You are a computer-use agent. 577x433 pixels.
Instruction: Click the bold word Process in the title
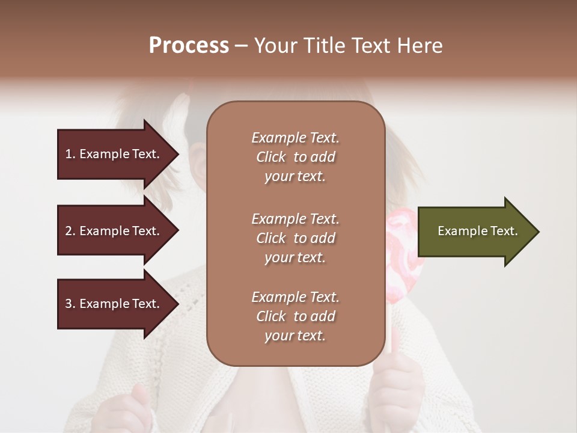tap(189, 46)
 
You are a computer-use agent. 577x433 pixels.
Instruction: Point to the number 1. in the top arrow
tap(70, 154)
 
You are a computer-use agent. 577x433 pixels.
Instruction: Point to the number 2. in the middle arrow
tap(70, 231)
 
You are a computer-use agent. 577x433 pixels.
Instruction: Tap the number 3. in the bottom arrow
tap(70, 304)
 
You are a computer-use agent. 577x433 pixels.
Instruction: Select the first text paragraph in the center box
tap(295, 157)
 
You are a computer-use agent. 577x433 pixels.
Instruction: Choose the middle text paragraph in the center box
tap(295, 238)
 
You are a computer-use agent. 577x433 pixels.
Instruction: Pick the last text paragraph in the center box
tap(295, 316)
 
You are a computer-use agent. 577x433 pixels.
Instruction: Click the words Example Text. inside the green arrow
tap(477, 231)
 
